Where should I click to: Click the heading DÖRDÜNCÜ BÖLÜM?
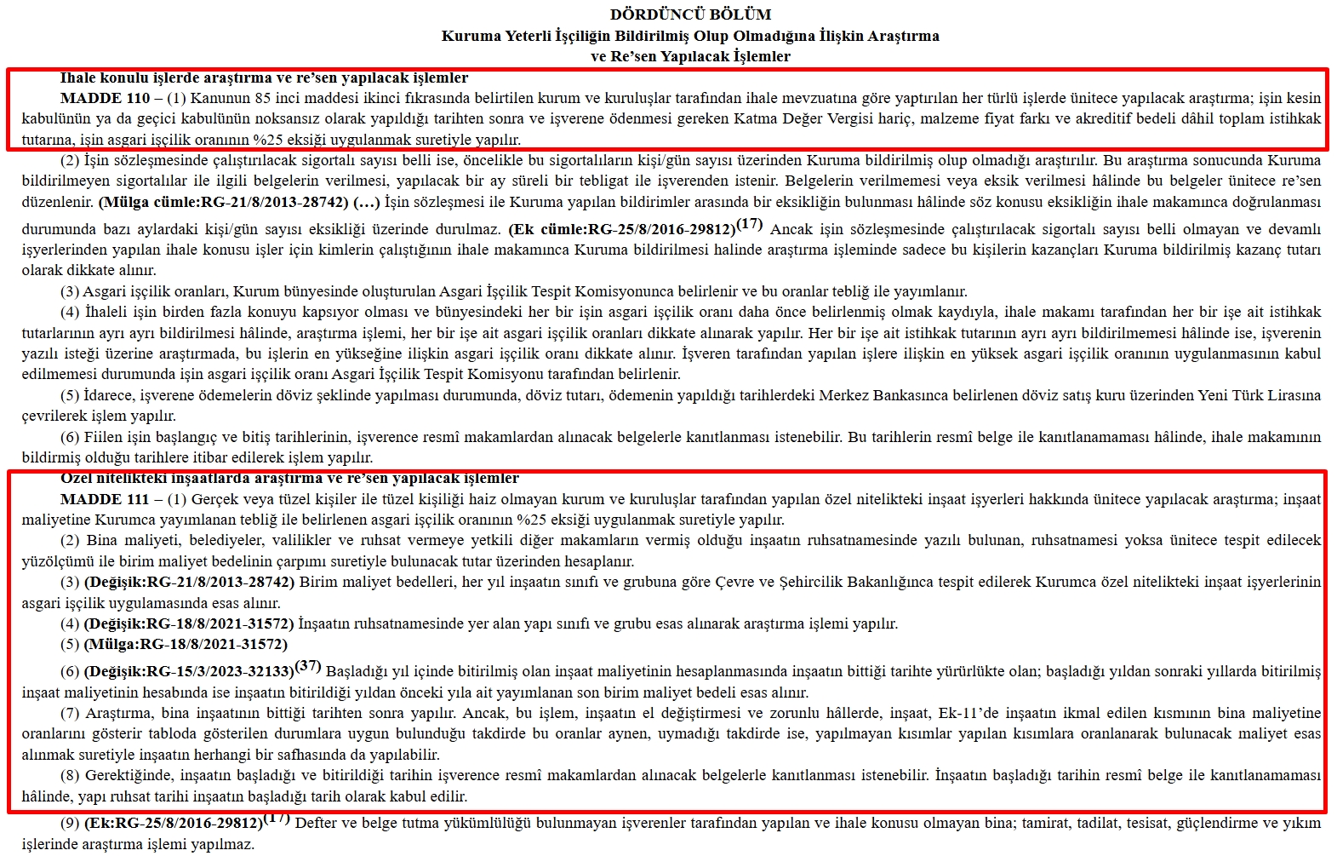pos(690,14)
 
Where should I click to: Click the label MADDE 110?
pos(105,98)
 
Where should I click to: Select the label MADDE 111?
pos(105,499)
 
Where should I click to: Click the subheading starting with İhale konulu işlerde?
pos(264,78)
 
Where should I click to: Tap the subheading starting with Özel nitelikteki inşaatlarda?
pos(289,478)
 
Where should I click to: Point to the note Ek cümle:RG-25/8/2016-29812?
pos(622,229)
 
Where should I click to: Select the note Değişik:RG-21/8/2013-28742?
pos(189,583)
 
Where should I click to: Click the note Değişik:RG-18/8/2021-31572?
pos(189,623)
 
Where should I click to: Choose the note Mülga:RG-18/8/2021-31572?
pos(186,644)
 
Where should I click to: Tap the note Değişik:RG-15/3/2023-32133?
pos(189,672)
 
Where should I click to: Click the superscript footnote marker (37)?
pos(308,665)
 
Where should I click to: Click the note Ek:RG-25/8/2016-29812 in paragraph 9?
pos(174,823)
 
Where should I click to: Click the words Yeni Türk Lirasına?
pos(1260,395)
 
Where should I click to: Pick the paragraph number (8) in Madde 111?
pos(70,776)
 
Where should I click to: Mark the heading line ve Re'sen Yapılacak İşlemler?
pos(690,56)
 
